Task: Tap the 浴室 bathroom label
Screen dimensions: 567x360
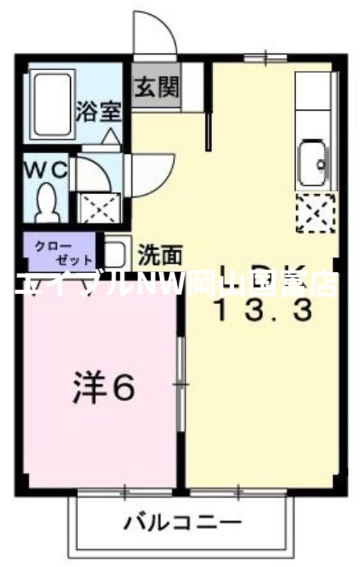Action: tap(101, 112)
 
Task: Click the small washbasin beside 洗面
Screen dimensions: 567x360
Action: tap(116, 253)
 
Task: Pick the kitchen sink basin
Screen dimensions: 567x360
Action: tap(313, 164)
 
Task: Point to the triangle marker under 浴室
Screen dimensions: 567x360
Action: tap(111, 135)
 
